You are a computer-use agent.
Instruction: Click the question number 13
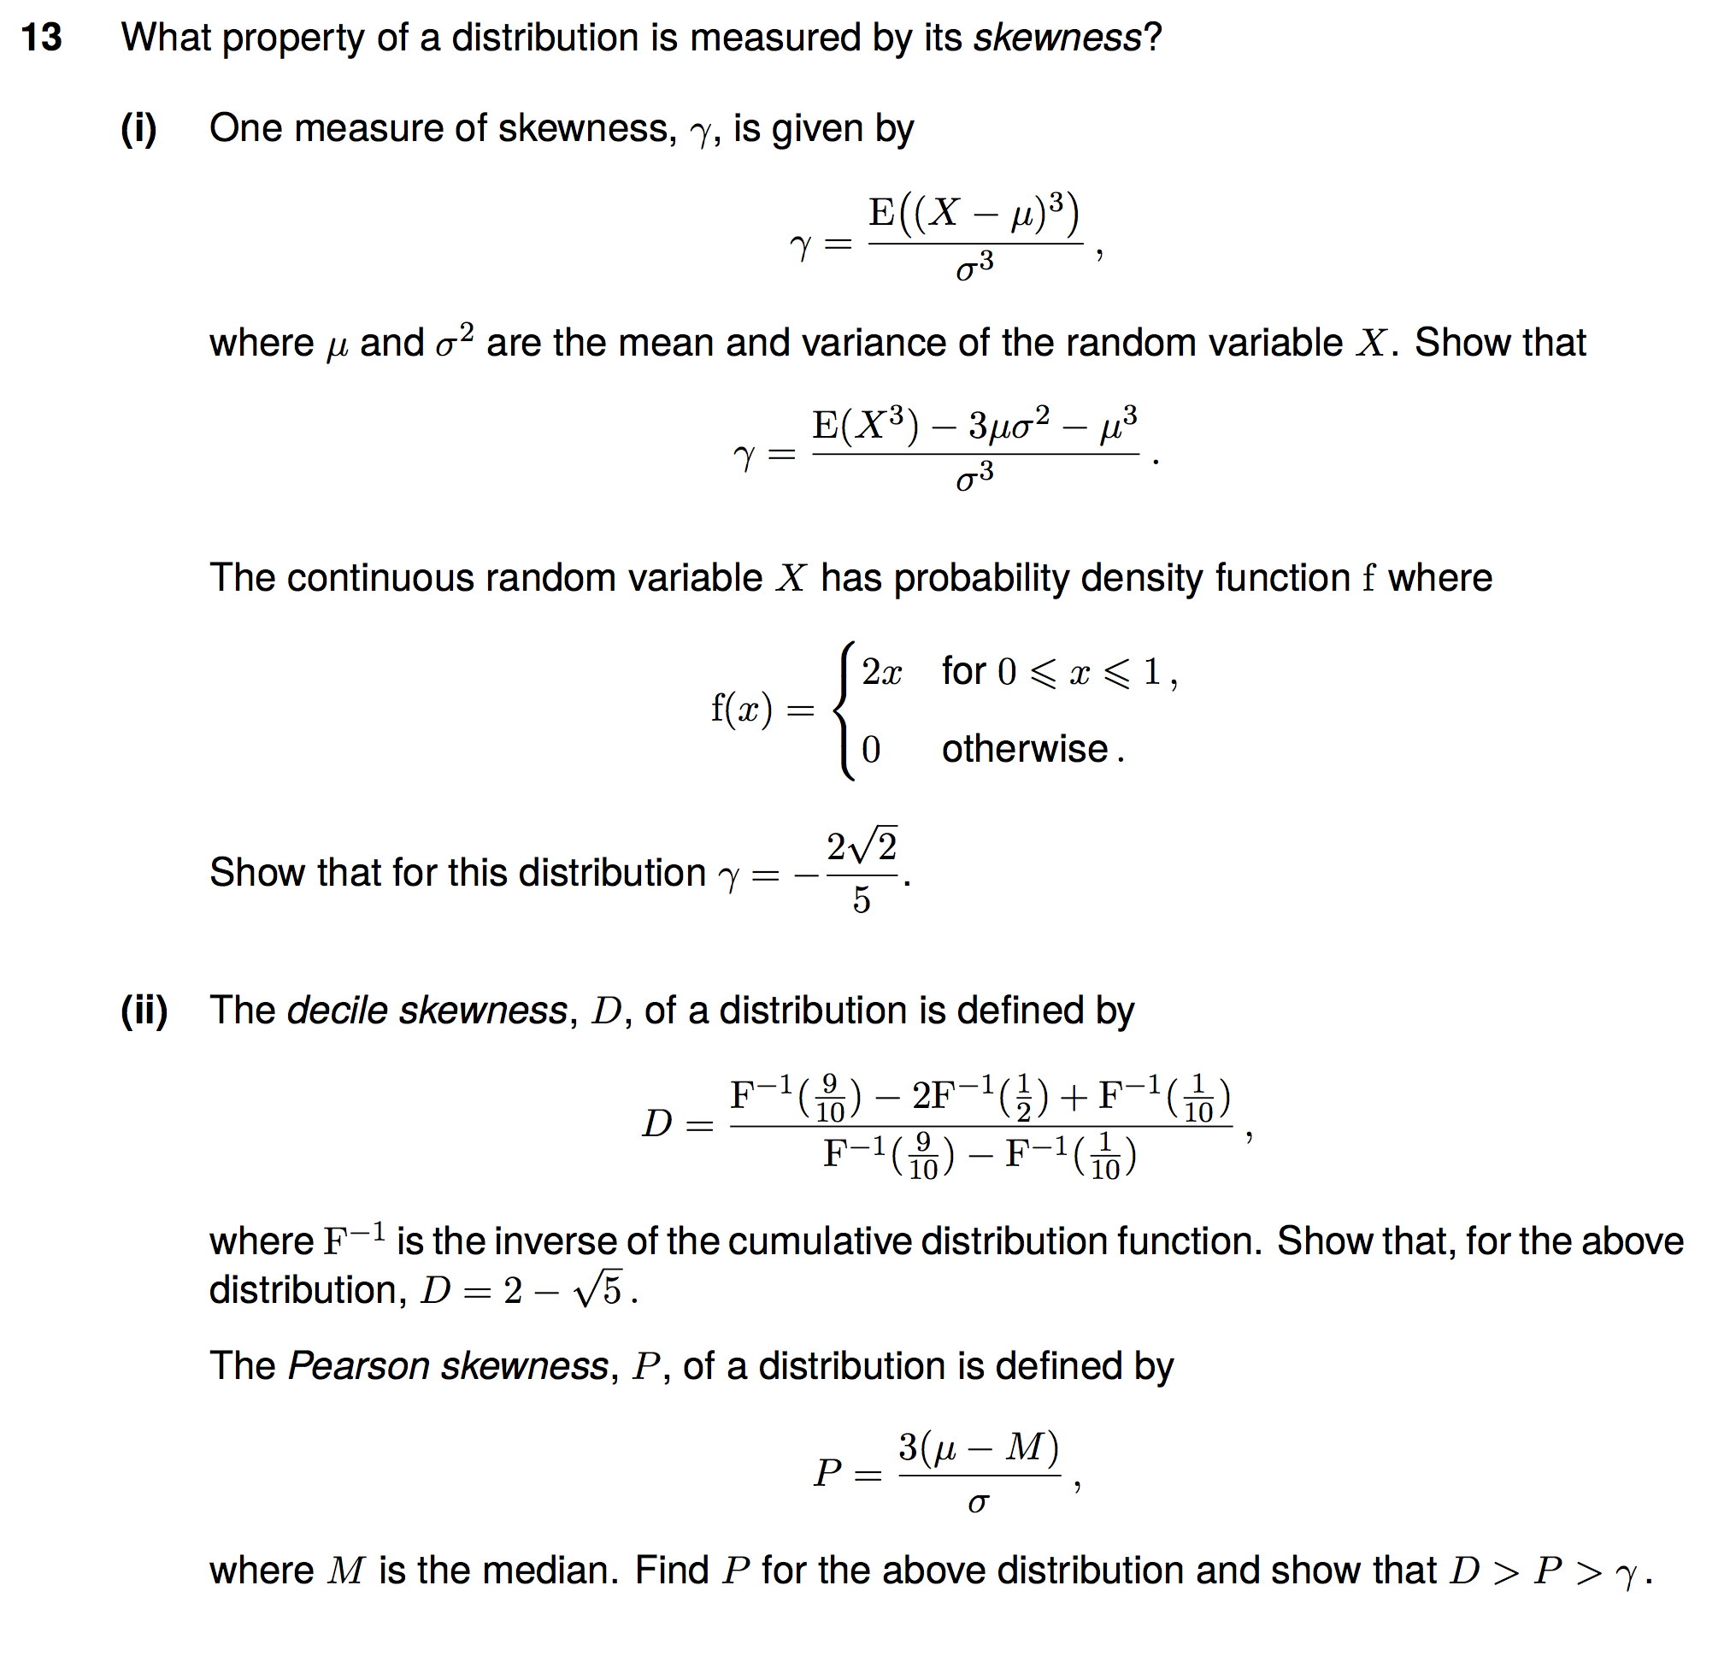[x=42, y=38]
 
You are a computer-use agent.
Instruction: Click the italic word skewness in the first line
[x=1056, y=38]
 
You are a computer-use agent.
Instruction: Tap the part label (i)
[x=138, y=129]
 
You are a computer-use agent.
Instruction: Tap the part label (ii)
[x=144, y=1010]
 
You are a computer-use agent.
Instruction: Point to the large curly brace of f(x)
[x=844, y=710]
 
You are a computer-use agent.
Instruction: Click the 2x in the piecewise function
[x=881, y=672]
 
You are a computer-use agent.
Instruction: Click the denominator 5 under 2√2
[x=862, y=900]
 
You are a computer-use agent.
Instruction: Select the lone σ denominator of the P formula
[x=978, y=1502]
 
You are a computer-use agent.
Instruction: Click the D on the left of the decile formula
[x=657, y=1123]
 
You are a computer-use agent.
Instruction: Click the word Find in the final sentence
[x=672, y=1571]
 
